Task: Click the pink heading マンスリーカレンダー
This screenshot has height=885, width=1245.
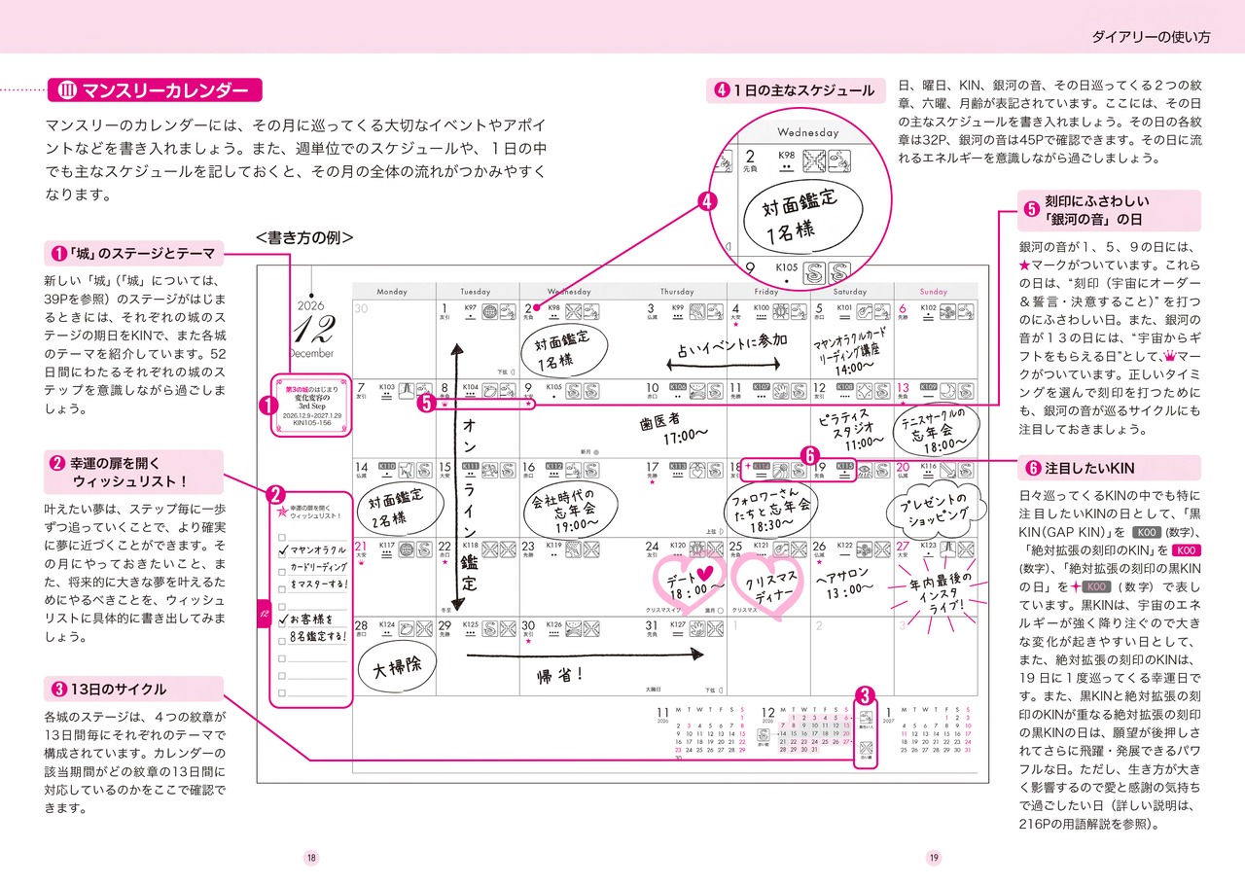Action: point(164,91)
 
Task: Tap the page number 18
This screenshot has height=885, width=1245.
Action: point(311,857)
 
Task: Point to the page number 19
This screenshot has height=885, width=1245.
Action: point(933,857)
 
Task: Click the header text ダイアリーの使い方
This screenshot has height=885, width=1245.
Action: point(1152,38)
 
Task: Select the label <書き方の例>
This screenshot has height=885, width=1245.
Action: point(304,237)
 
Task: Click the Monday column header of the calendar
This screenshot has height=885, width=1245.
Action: point(392,291)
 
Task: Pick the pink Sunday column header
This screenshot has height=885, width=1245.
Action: point(933,291)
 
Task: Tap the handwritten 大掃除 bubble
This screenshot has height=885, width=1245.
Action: point(392,667)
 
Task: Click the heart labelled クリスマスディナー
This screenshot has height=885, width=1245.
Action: point(768,587)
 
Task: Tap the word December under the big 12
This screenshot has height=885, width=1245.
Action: point(311,354)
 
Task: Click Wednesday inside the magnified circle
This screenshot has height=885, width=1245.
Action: point(807,132)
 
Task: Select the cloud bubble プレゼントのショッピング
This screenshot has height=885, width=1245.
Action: point(930,506)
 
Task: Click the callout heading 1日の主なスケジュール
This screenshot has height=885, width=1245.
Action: point(803,90)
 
